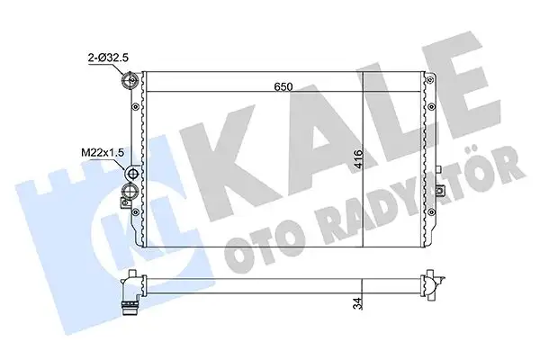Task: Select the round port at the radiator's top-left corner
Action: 128,83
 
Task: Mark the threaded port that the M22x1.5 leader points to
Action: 134,174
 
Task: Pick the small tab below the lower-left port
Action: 130,217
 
